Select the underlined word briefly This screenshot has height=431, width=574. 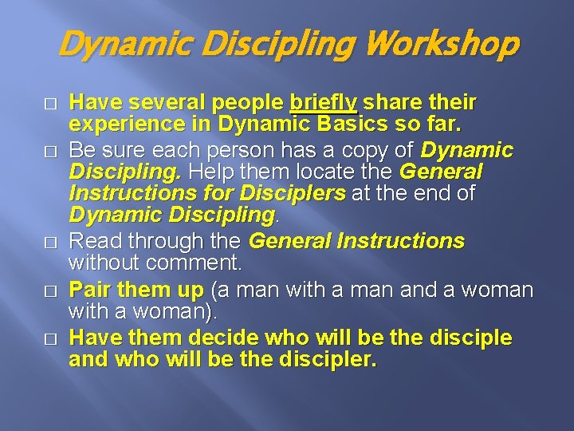[x=323, y=103]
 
